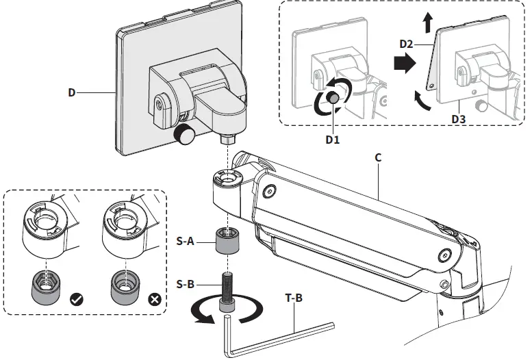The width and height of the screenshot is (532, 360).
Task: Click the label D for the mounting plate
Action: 72,92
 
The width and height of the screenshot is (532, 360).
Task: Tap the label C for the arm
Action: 379,158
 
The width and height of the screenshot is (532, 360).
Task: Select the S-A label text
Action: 186,241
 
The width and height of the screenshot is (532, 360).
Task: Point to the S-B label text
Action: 186,284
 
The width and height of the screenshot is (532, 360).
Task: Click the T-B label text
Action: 294,298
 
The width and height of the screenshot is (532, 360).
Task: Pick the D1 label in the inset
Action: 333,140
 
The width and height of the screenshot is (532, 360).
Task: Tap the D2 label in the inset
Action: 406,44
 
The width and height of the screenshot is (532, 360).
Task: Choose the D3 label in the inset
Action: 459,119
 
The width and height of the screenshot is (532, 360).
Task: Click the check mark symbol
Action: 76,300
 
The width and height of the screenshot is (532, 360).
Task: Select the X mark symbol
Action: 155,300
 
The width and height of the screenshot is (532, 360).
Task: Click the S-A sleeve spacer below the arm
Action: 228,241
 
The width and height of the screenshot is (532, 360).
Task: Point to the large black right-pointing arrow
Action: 405,63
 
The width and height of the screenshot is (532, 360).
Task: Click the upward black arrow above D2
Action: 428,23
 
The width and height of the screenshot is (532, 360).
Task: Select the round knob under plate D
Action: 183,134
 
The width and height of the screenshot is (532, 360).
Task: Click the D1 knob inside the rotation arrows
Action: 332,98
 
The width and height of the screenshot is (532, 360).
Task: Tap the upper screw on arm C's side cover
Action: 269,192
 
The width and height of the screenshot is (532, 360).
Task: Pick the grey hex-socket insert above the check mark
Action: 45,288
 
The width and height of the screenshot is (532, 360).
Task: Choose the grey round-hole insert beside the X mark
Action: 125,288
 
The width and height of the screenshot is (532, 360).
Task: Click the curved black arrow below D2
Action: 421,101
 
